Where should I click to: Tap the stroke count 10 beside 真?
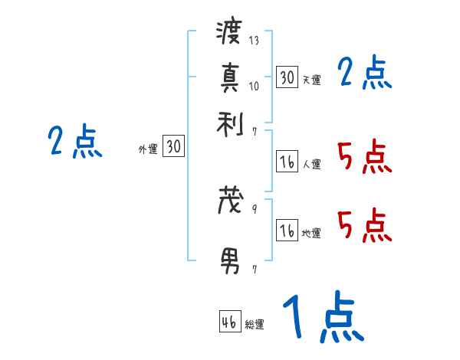[254, 86]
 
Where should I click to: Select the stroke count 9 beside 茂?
[254, 208]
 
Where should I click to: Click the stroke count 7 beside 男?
[254, 270]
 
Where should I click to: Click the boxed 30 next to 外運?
[174, 147]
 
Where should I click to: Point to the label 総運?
[255, 325]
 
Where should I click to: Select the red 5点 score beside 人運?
[364, 158]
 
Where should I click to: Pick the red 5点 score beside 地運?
[364, 226]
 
